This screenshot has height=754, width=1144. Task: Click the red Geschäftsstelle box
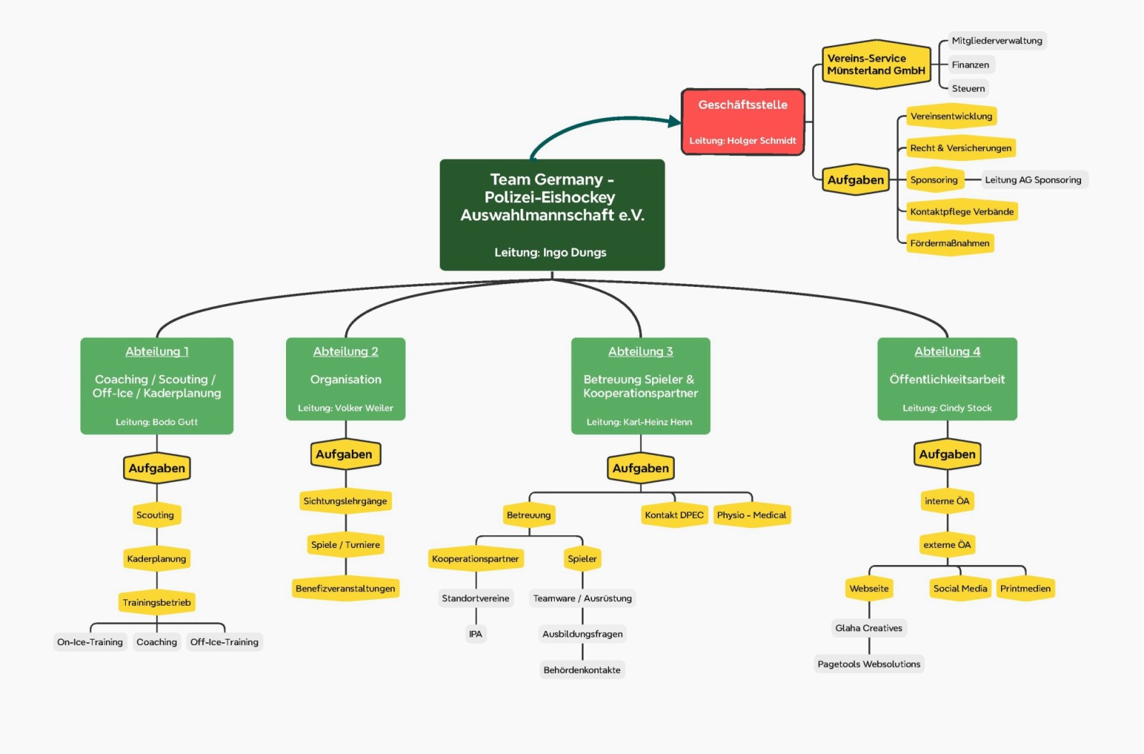point(743,122)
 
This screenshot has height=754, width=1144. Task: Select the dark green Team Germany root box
point(552,215)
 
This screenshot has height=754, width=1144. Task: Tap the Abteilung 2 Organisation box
point(345,379)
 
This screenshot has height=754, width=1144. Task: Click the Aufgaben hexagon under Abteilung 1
point(157,469)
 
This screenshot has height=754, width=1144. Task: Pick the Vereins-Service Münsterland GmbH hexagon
point(876,64)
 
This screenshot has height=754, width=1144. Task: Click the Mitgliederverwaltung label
point(997,41)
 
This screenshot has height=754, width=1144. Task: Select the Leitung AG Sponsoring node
point(1032,180)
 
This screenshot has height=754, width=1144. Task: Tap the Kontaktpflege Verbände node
point(962,212)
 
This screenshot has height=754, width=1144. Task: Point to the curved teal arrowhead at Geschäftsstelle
point(674,122)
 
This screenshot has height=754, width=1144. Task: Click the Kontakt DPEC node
point(674,515)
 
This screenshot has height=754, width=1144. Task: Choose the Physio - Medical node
point(751,515)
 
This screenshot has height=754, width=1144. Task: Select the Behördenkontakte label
point(582,670)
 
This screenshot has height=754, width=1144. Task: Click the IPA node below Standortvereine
point(475,635)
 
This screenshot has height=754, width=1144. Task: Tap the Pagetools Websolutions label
point(869,665)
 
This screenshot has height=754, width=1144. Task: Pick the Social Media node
point(960,589)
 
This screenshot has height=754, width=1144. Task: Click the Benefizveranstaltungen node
point(345,589)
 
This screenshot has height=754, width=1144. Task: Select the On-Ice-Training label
point(90,642)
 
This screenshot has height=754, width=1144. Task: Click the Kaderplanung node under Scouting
point(157,559)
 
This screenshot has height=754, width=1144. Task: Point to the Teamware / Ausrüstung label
point(582,599)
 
